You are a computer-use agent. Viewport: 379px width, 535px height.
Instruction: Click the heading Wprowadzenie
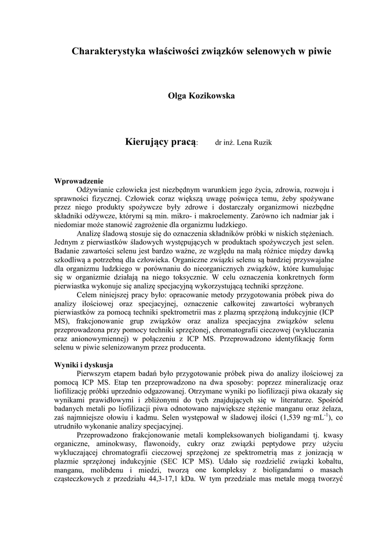pyautogui.click(x=79, y=181)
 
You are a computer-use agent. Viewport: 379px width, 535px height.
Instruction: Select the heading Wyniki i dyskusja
pyautogui.click(x=84, y=365)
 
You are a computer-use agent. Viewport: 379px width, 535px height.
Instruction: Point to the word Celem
pyautogui.click(x=87, y=295)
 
